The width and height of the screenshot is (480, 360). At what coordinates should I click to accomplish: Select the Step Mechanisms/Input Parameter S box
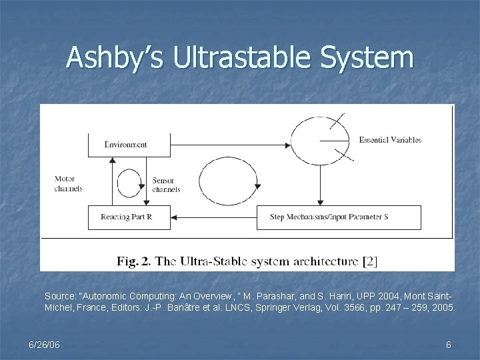pos(339,217)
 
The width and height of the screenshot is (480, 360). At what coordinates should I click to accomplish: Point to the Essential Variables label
pos(390,140)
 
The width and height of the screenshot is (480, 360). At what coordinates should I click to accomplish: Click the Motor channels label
pos(69,184)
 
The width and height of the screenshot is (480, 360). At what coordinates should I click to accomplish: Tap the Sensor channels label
pos(166,185)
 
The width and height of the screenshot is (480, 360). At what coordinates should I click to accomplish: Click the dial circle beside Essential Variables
pos(321,140)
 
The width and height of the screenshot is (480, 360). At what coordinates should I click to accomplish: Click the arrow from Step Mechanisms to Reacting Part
pos(213,217)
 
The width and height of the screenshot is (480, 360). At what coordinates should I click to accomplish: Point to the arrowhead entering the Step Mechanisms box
pos(321,201)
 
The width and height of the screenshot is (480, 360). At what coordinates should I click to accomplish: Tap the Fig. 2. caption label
pos(133,261)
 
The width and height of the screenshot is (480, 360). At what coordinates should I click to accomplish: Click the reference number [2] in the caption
pos(370,261)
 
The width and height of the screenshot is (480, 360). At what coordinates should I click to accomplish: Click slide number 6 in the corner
pos(449,345)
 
